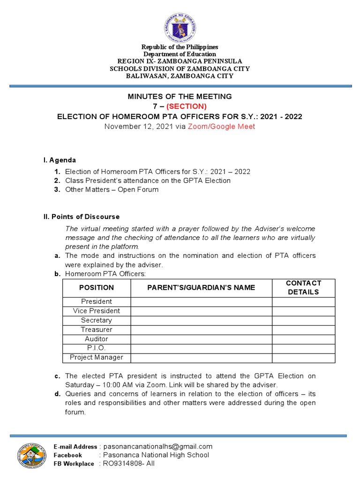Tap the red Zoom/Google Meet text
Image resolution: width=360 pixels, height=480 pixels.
[222, 127]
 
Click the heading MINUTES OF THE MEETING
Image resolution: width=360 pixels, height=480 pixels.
[180, 97]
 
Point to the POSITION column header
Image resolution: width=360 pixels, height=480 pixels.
[97, 287]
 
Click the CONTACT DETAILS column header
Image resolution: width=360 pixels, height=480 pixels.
[303, 287]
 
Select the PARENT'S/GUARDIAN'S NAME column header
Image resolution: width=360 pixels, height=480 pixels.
[202, 287]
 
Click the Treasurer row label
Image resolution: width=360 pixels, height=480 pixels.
[97, 330]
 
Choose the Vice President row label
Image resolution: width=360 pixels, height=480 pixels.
[97, 311]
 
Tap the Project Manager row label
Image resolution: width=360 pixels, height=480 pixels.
[97, 358]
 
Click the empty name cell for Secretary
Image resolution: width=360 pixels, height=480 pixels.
[202, 320]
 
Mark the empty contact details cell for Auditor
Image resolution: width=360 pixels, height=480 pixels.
[303, 339]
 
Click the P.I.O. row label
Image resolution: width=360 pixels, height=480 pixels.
[97, 348]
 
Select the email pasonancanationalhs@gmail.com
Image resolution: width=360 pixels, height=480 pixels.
[158, 446]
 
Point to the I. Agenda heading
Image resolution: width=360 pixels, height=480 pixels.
[60, 160]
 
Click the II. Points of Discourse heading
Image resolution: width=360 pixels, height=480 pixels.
[82, 217]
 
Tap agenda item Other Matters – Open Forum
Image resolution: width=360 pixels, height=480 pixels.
[112, 189]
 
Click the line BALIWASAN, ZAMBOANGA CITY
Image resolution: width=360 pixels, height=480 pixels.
[180, 75]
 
